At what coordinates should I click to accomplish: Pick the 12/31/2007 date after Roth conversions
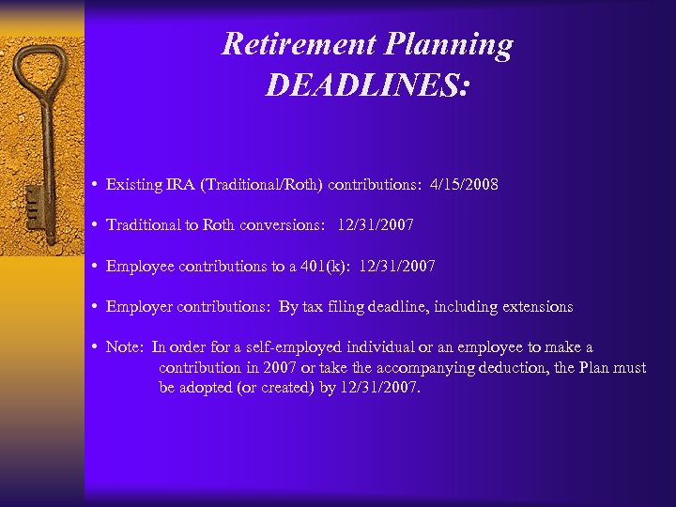point(376,225)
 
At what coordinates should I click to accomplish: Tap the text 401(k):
point(346,267)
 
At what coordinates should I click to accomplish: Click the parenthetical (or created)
point(265,387)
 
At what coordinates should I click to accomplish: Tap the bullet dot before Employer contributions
point(97,307)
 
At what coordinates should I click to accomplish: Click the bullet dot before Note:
point(97,347)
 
